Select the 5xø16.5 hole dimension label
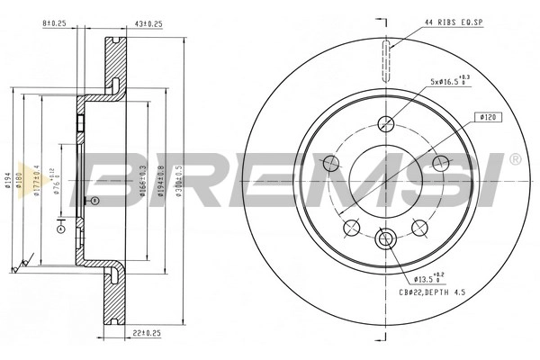449,83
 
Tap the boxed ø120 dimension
489,117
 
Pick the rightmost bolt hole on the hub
441,163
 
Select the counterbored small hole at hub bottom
387,239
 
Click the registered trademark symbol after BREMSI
515,159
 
